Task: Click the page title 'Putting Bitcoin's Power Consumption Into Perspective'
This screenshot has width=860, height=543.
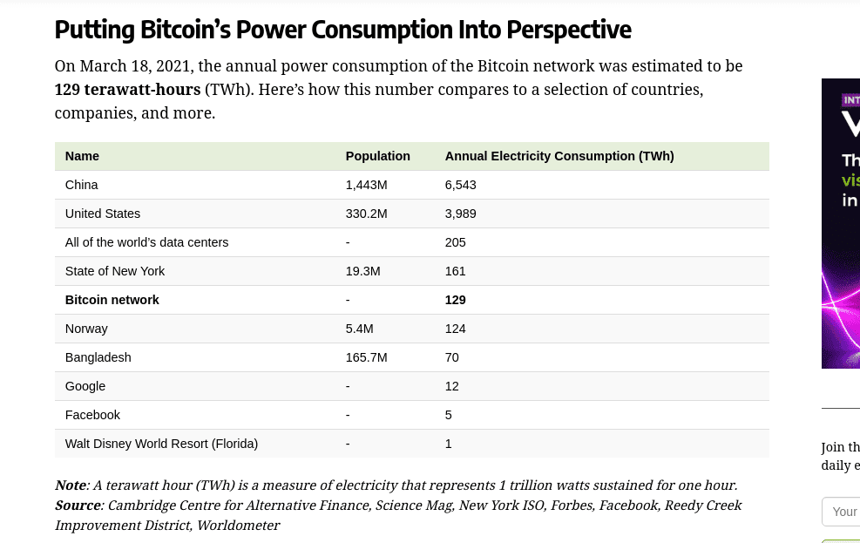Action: (342, 30)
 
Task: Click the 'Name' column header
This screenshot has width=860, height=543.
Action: (82, 156)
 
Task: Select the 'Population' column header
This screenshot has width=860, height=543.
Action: (377, 156)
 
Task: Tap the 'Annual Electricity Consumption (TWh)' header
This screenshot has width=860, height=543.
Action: (559, 156)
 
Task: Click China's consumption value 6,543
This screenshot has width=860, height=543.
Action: (460, 185)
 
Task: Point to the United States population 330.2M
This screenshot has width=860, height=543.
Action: (366, 214)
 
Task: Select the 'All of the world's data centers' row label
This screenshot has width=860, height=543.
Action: (146, 242)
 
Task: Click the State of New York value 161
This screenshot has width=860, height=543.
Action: (456, 271)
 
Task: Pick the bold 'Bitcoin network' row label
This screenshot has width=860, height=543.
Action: (112, 300)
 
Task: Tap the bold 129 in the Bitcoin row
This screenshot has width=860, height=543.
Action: (456, 300)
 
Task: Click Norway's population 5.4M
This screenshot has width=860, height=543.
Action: (359, 329)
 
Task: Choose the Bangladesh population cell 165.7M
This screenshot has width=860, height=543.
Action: (366, 357)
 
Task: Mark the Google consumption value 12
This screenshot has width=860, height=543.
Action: (451, 386)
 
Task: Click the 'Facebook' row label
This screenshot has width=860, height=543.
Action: (92, 415)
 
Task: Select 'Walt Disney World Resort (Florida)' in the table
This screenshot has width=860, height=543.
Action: (161, 444)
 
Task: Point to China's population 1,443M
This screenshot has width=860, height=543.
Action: (366, 185)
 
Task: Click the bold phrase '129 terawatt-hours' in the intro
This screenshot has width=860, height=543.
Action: (127, 90)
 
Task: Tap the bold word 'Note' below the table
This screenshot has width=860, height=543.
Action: (70, 485)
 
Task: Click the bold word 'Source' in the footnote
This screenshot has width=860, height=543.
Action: (77, 506)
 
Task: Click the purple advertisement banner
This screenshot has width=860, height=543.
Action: (840, 223)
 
